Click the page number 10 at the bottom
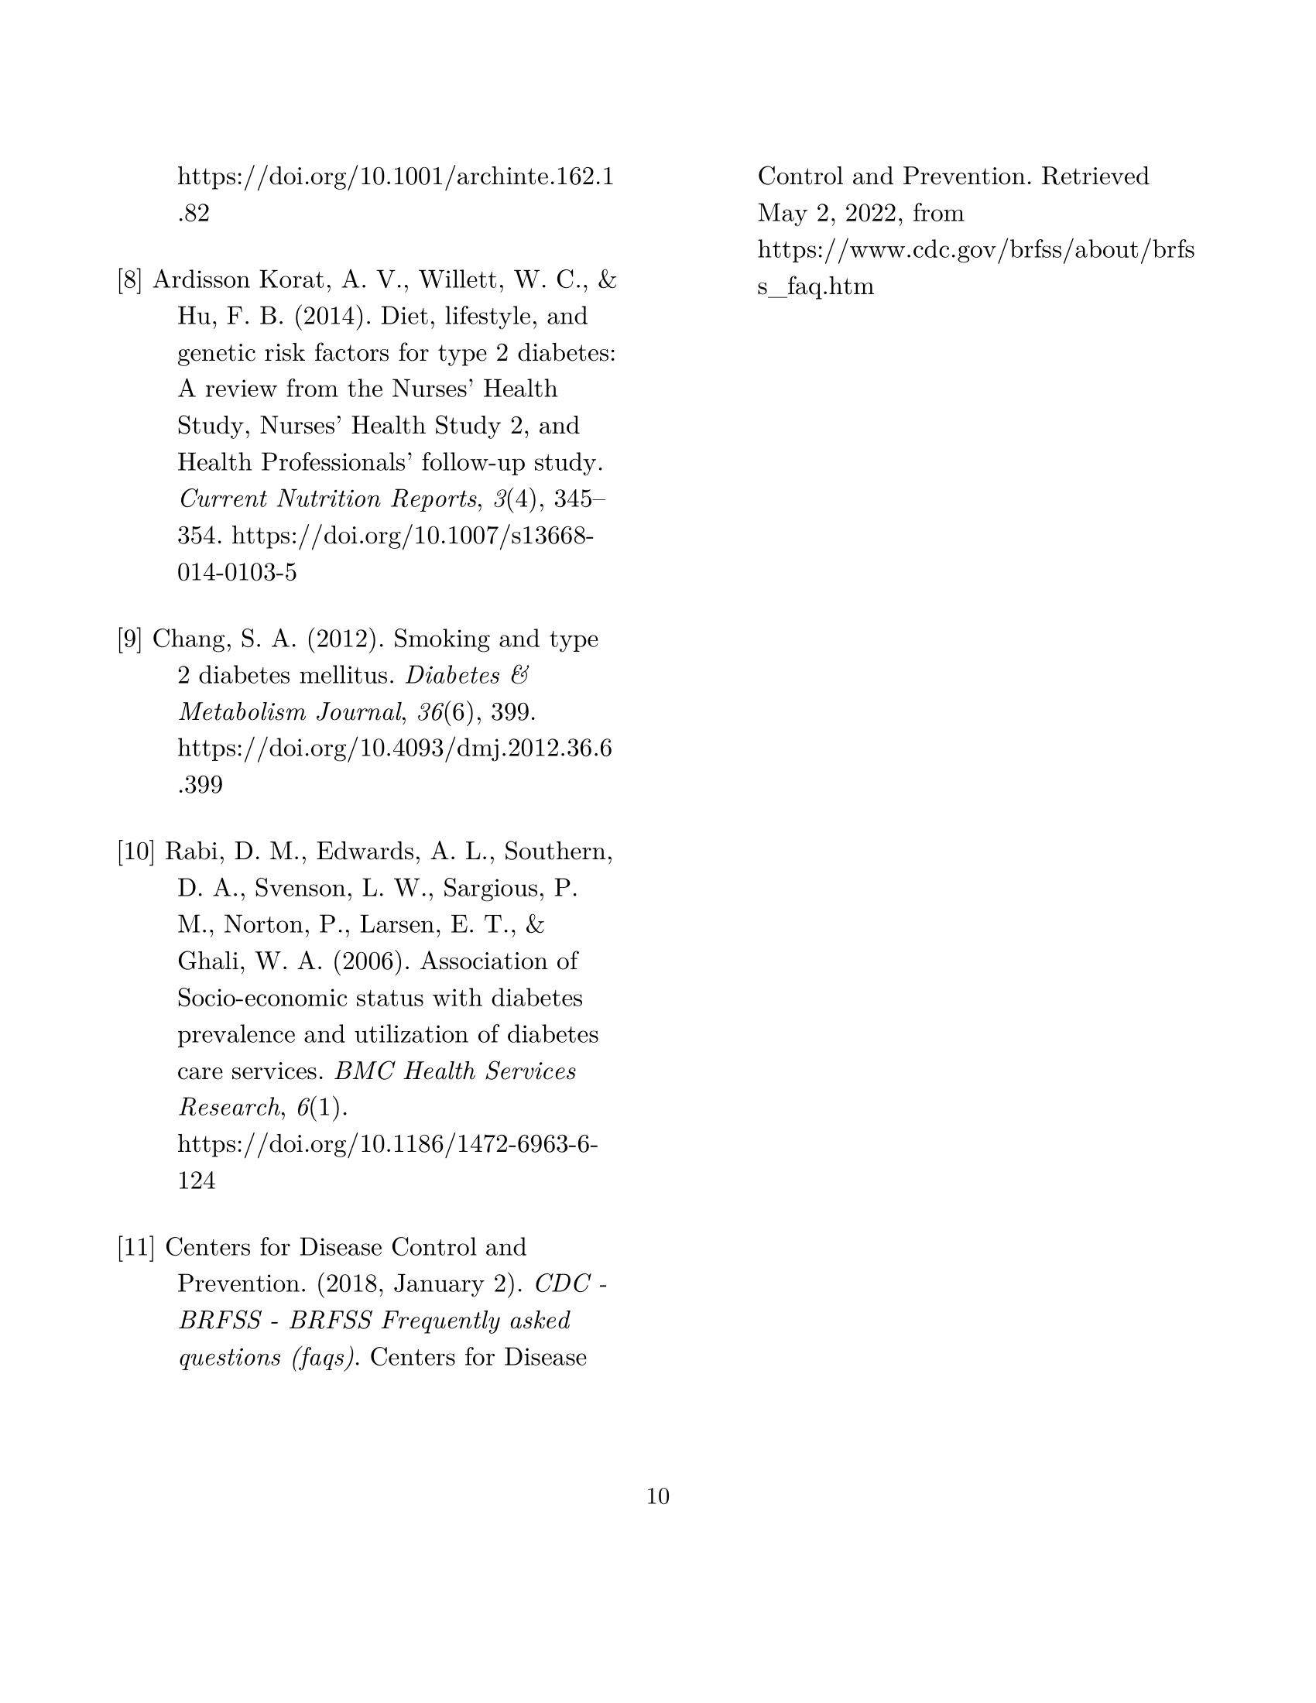click(x=657, y=1496)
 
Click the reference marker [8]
click(x=130, y=280)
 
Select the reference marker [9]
click(x=130, y=639)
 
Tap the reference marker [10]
click(x=136, y=851)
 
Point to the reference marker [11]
click(x=136, y=1247)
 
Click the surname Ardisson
click(x=201, y=280)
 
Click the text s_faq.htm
click(x=815, y=287)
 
